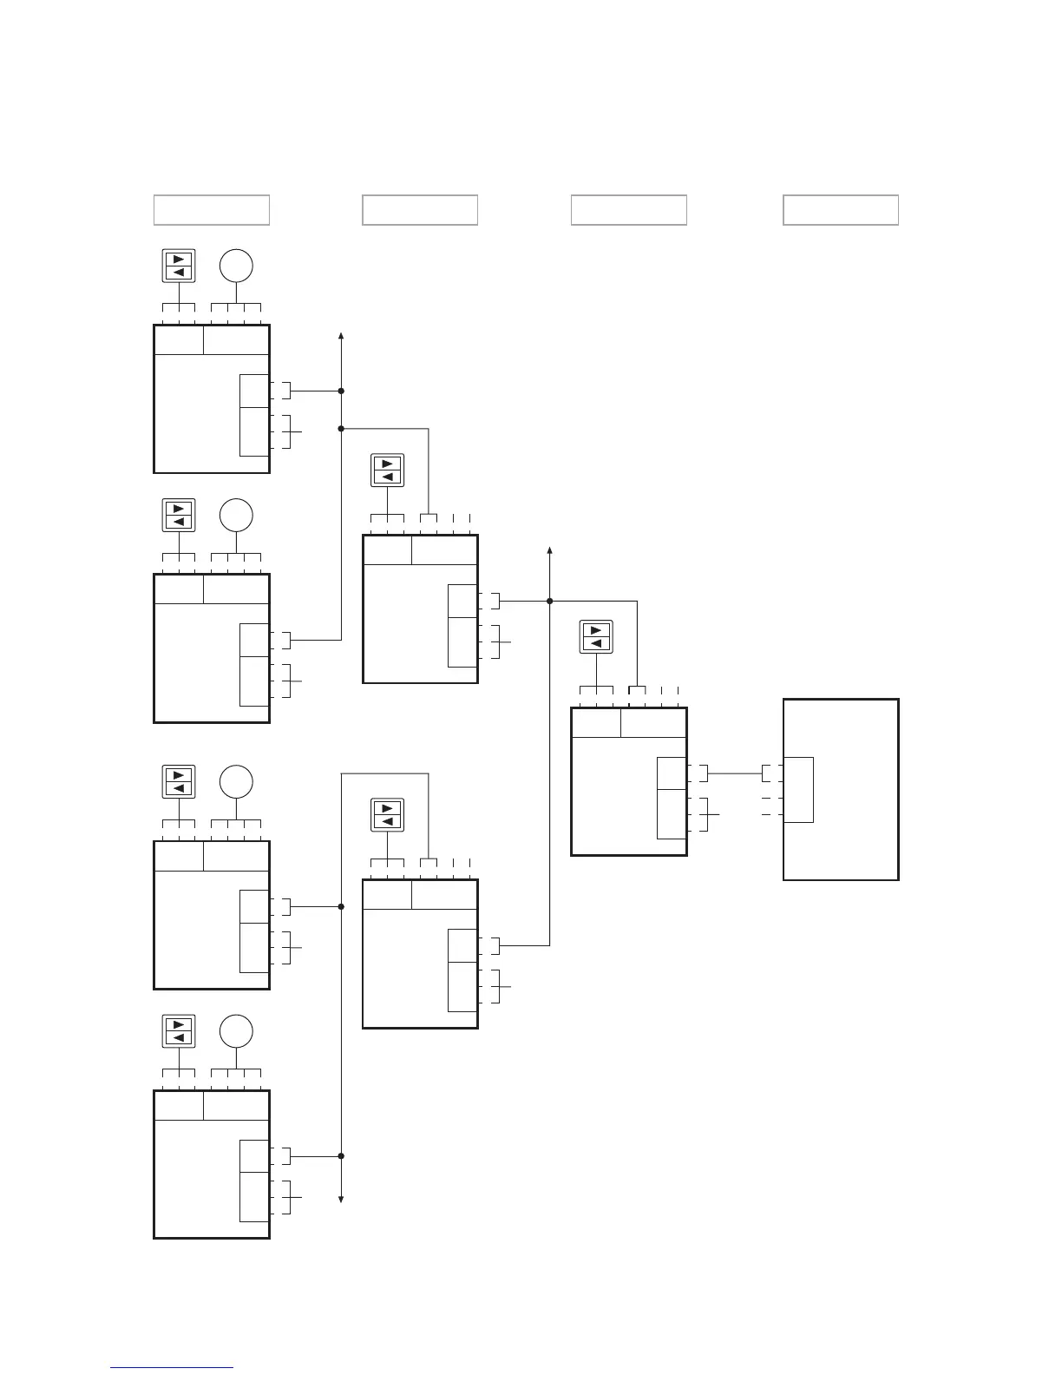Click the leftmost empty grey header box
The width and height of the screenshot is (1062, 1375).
(x=212, y=210)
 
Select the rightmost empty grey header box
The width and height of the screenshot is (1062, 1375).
(x=840, y=210)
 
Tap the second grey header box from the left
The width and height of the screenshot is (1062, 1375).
(x=420, y=210)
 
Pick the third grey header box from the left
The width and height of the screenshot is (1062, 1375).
(x=628, y=210)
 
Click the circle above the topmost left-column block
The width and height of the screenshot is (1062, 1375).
(x=236, y=266)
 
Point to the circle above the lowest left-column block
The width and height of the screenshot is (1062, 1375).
(x=236, y=1032)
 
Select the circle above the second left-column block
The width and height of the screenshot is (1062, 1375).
(x=236, y=516)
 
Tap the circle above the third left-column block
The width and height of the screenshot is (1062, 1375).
(x=236, y=782)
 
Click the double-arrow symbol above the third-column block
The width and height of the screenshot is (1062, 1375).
(x=595, y=636)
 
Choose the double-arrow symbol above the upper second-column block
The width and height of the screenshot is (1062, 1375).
(x=387, y=470)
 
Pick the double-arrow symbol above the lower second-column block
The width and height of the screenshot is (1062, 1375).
(x=387, y=815)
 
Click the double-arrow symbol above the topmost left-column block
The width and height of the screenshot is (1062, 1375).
(x=179, y=266)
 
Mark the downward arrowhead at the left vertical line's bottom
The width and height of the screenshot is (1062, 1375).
(x=342, y=1199)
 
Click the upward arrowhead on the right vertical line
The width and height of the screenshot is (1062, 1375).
(x=550, y=552)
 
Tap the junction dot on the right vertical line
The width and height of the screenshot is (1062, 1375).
(x=550, y=601)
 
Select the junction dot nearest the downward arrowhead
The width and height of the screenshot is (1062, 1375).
(x=342, y=1156)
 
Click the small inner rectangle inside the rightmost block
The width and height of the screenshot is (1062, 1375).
(x=799, y=789)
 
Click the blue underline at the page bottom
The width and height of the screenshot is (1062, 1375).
(x=172, y=1368)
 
